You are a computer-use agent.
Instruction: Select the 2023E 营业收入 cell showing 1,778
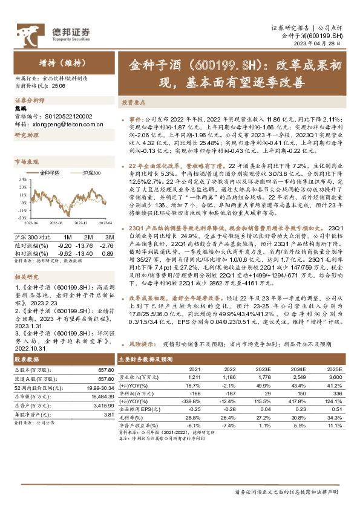[263, 393]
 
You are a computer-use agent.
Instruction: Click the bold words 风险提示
[142, 360]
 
